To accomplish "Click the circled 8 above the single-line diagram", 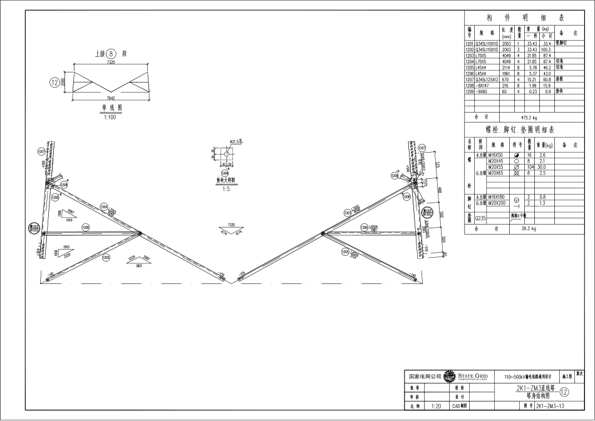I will [x=111, y=54].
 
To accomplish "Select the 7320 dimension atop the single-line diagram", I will [x=111, y=63].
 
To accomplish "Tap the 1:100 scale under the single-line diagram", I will [x=110, y=116].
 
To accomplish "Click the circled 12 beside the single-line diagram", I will [x=54, y=81].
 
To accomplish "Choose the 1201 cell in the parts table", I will [x=469, y=44].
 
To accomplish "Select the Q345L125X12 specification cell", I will [x=486, y=80].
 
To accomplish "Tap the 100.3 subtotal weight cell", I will [x=546, y=49].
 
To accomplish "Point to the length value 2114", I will [x=507, y=68].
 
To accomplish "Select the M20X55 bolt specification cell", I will [x=496, y=167].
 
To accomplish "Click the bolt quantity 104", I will [x=529, y=167].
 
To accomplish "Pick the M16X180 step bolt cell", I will [x=496, y=196].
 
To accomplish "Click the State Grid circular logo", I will [x=448, y=377].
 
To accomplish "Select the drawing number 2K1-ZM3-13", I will [x=551, y=406].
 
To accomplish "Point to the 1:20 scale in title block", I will [x=436, y=406].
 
